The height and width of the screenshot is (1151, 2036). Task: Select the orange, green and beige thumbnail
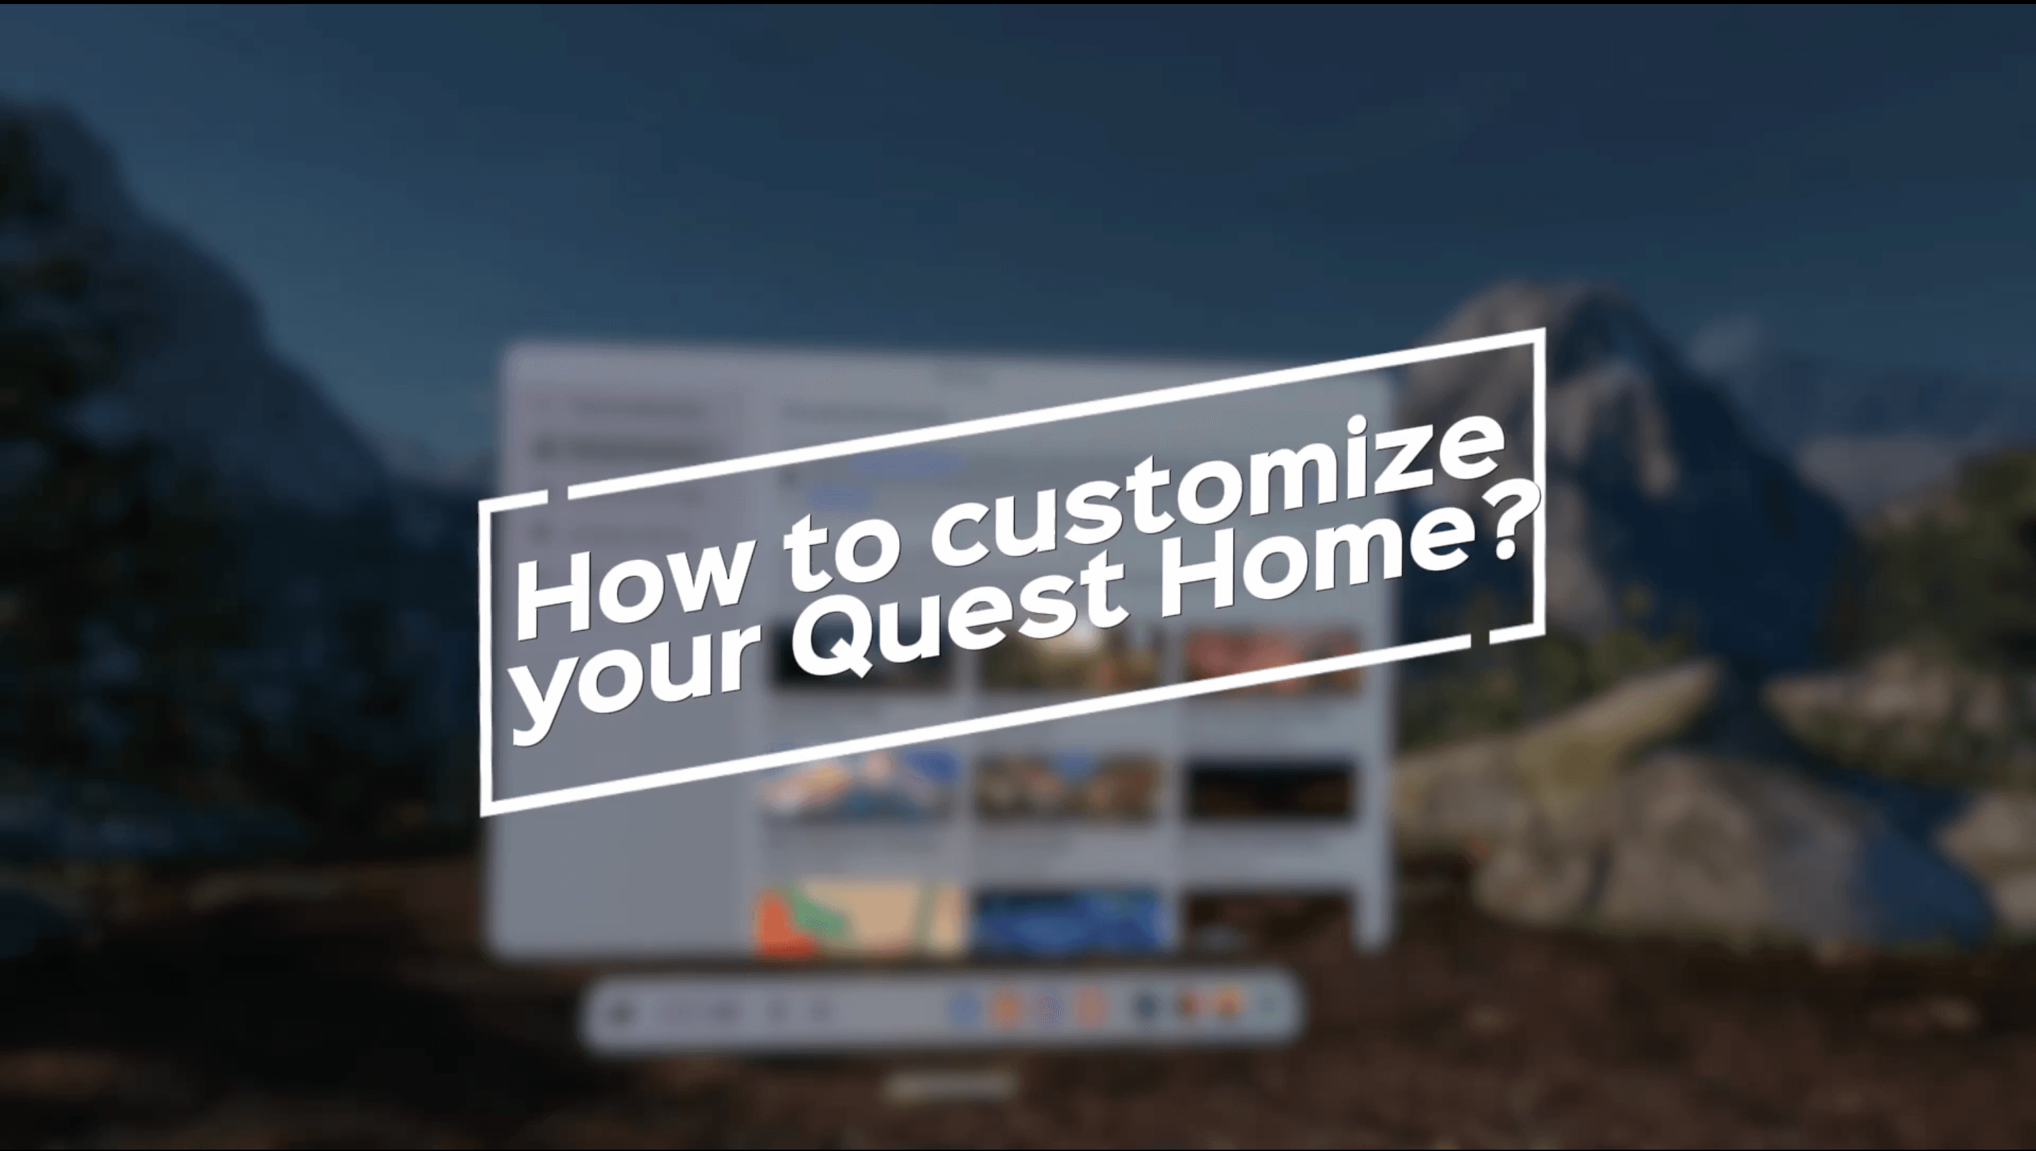(858, 917)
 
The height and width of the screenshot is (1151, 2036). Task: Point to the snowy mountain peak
(1550, 316)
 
